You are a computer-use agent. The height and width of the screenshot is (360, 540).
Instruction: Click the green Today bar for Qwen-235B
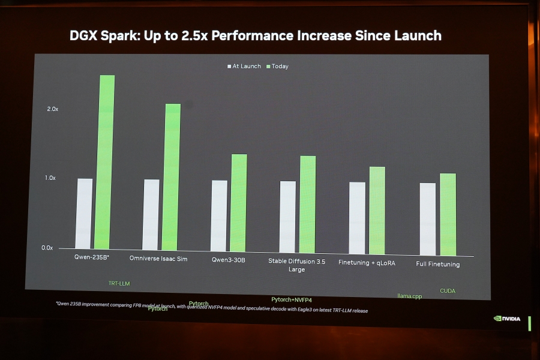(x=104, y=162)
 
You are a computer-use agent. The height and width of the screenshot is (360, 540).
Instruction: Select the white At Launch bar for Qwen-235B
(x=85, y=214)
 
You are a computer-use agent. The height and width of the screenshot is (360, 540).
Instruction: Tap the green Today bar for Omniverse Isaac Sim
(x=171, y=177)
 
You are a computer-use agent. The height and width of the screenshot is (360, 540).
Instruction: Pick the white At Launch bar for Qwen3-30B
(x=219, y=216)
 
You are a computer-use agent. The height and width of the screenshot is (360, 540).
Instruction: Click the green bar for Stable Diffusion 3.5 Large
(x=308, y=205)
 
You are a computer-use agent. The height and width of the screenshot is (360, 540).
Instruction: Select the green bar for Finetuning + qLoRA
(x=377, y=211)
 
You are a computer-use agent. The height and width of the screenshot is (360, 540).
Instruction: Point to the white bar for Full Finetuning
(x=428, y=219)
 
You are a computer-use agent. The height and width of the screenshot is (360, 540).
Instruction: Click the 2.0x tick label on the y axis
(x=52, y=109)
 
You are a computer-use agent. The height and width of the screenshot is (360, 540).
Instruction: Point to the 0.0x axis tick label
(x=47, y=247)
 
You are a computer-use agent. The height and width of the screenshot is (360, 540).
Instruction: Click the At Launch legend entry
(x=244, y=66)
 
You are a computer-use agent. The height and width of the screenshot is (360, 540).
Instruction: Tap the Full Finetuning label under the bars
(x=437, y=265)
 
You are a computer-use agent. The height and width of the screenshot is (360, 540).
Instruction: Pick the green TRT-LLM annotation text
(x=119, y=283)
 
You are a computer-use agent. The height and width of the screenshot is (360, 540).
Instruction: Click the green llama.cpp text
(x=410, y=296)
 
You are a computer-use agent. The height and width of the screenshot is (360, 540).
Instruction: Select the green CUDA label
(x=448, y=291)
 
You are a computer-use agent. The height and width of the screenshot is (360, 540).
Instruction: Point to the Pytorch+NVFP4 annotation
(x=292, y=299)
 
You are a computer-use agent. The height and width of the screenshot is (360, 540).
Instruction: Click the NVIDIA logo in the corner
(x=508, y=319)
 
